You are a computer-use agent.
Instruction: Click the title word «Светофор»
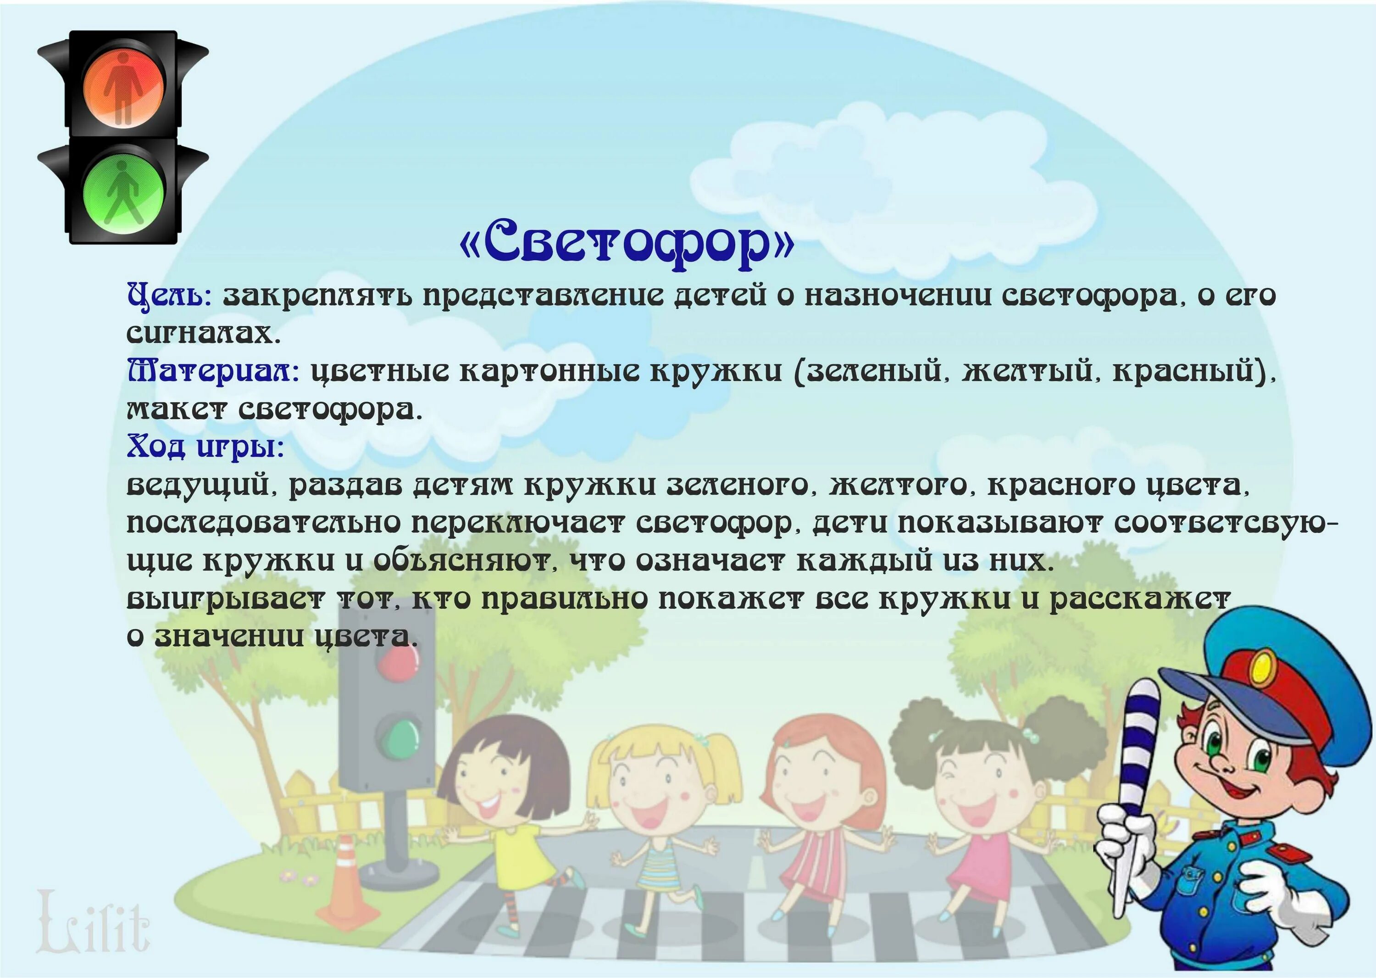click(627, 243)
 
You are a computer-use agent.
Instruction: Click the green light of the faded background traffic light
click(397, 737)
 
